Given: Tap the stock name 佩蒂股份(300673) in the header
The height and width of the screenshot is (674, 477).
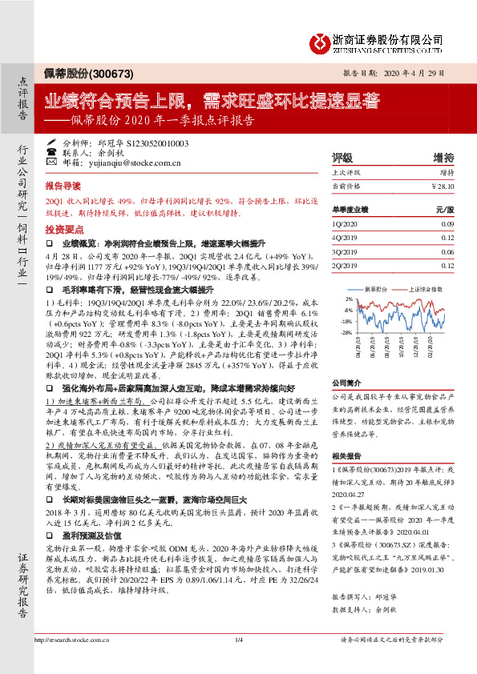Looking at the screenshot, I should (76, 73).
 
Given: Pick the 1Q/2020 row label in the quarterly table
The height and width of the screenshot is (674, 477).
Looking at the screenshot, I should (343, 226).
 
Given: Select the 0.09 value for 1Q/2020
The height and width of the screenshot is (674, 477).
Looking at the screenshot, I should (448, 226).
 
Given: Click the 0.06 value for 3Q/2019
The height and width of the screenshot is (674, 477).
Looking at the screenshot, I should (448, 251).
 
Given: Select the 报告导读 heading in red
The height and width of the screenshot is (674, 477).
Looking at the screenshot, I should (63, 183).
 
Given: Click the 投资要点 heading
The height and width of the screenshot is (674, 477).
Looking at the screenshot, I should (63, 227).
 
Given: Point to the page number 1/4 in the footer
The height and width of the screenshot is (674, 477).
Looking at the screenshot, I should (238, 661).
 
